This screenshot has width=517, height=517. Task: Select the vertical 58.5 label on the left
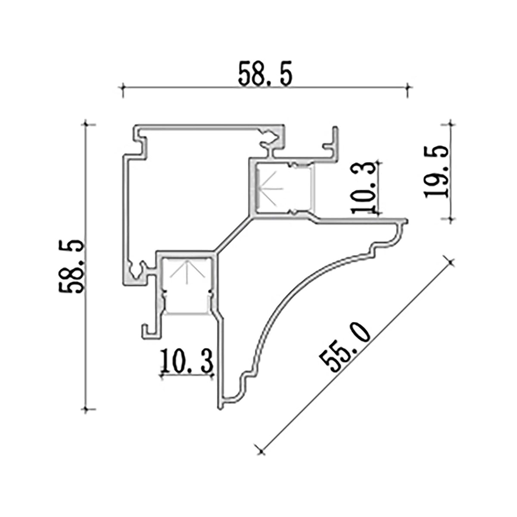click(x=71, y=267)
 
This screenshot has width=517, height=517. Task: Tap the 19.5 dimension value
click(x=436, y=171)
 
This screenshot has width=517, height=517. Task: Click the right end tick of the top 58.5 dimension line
click(x=408, y=87)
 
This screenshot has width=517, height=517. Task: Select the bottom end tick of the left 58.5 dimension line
click(x=87, y=409)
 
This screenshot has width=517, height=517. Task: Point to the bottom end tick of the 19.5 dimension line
click(x=450, y=219)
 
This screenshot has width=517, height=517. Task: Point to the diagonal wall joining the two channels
click(x=233, y=235)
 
